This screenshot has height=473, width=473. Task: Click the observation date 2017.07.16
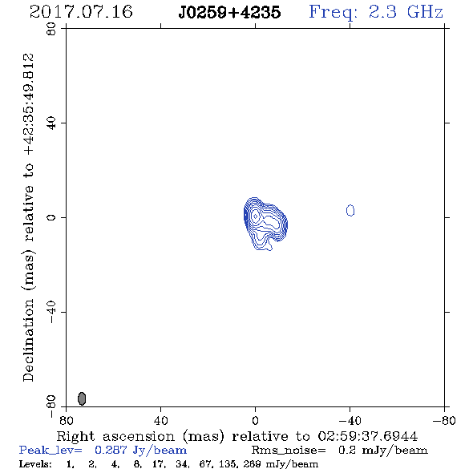click(81, 12)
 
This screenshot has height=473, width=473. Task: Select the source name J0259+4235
click(229, 12)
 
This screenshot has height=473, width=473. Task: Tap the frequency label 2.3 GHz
click(406, 12)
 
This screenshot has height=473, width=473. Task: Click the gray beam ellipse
click(82, 398)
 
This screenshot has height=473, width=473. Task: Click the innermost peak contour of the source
click(256, 216)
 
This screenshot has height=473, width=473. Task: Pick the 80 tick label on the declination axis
click(51, 29)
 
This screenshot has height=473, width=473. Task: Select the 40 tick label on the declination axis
click(51, 123)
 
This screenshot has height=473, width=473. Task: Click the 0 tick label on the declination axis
click(51, 217)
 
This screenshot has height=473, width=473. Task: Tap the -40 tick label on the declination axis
click(51, 312)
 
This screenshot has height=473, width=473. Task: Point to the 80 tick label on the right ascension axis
click(66, 420)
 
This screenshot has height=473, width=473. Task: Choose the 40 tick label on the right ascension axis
click(160, 420)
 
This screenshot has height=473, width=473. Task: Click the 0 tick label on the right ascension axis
click(255, 420)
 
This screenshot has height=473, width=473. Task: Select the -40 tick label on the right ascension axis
click(350, 420)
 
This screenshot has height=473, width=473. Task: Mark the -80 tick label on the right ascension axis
click(444, 420)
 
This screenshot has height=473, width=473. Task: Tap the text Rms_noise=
click(289, 451)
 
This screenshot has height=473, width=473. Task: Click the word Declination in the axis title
click(28, 340)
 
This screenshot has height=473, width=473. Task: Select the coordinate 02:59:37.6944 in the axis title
click(368, 436)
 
